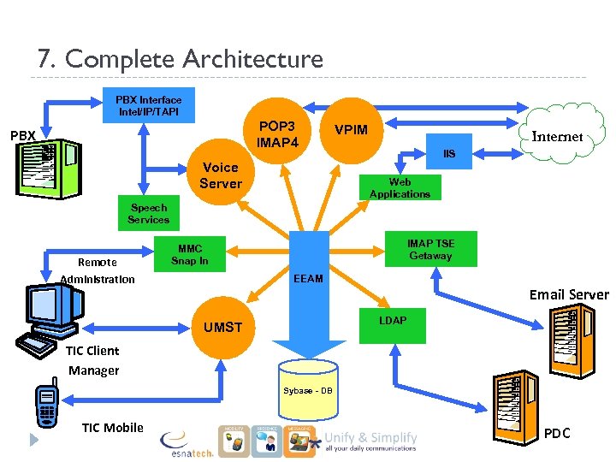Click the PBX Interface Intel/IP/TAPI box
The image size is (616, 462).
tap(149, 106)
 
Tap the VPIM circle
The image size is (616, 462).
tap(351, 129)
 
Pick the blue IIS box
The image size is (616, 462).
tap(449, 154)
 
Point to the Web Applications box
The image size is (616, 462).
tap(400, 188)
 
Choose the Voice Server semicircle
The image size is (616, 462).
tap(221, 175)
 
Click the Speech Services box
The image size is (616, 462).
tap(149, 214)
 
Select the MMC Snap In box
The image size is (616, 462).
tap(189, 255)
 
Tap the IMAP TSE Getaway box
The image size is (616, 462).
tap(430, 250)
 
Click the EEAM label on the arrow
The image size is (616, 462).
tap(308, 279)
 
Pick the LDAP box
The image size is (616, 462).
tap(394, 321)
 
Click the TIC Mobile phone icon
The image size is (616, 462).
tap(45, 405)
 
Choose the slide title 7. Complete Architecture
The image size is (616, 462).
tap(181, 59)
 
